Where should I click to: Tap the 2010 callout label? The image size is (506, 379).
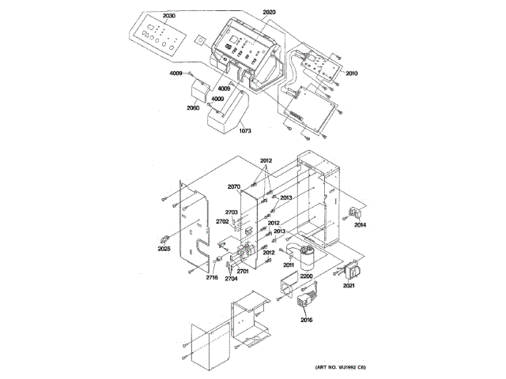point(351,73)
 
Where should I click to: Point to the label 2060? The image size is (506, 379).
point(193,107)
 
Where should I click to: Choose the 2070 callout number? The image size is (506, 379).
point(233,186)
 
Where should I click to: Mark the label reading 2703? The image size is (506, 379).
point(231,212)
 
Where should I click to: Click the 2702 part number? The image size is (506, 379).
point(223,222)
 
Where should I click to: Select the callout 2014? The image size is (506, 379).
point(360,225)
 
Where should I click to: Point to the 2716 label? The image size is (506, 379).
point(212,278)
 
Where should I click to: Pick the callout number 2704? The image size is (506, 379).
point(230,279)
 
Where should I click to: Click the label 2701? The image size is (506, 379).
point(243,272)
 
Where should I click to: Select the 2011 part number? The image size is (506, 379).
point(289,266)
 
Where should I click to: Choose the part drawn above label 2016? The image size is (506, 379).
point(306,303)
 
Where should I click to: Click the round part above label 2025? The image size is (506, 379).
point(164,238)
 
